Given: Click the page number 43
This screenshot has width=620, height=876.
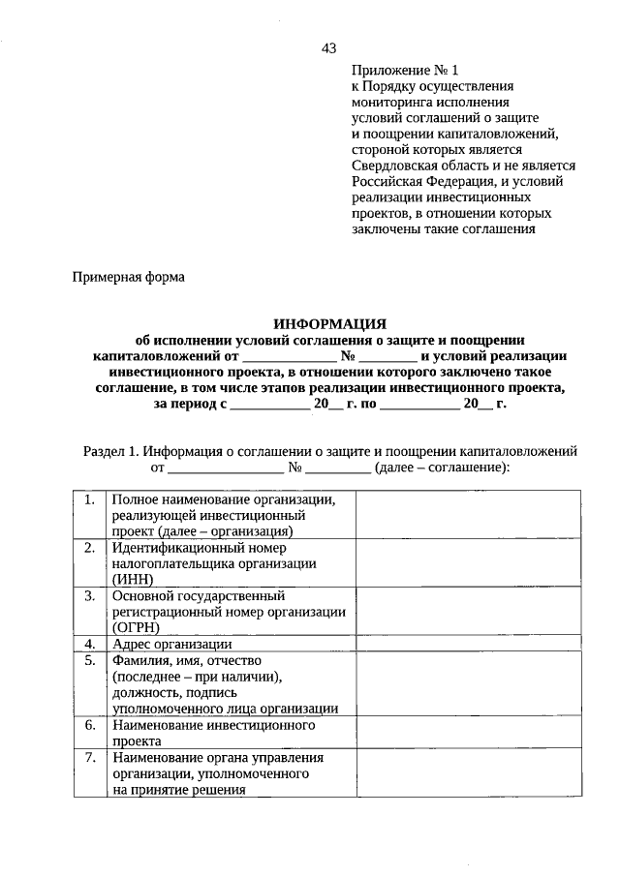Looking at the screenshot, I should coord(328,48).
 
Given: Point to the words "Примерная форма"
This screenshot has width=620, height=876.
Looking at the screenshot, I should coord(129,277).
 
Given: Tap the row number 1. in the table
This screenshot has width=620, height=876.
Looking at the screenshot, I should coord(90,499).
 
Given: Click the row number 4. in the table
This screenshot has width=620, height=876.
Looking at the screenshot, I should coord(90,643).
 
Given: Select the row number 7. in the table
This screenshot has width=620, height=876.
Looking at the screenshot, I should coord(90,757).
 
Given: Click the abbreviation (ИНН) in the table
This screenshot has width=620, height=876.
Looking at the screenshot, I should coord(133,579).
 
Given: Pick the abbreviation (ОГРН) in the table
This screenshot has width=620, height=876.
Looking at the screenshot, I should coord(137,626).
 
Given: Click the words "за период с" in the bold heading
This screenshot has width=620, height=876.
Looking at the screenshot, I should coord(189,404).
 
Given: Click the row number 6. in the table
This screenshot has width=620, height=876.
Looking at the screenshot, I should coord(90,724).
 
